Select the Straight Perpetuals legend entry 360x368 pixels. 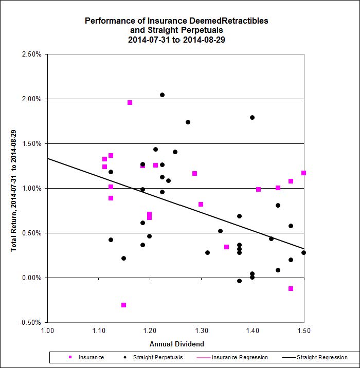tap(154, 357)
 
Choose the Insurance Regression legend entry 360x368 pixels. tap(237, 357)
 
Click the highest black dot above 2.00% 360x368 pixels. tap(162, 95)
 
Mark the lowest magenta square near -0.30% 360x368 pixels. tap(123, 305)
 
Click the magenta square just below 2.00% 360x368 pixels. tap(130, 102)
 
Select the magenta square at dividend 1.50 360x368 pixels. tap(303, 173)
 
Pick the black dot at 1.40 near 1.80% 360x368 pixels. tap(252, 117)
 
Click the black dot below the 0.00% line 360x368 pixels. tap(239, 281)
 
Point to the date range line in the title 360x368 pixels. tap(177, 39)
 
